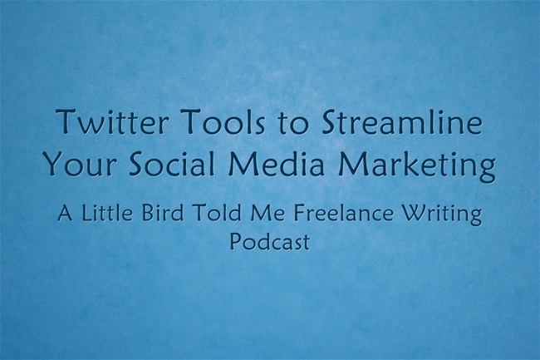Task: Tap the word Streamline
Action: click(x=402, y=121)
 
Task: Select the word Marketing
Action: click(x=417, y=165)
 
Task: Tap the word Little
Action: click(x=107, y=212)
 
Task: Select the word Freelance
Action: click(x=344, y=212)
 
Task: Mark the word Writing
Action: click(x=442, y=215)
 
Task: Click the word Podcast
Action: click(x=270, y=241)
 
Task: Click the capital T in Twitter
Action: click(x=67, y=121)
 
